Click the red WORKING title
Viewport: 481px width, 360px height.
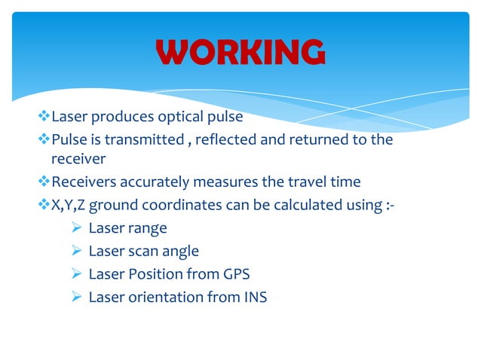point(240,53)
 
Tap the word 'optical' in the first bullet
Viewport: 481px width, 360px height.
point(181,117)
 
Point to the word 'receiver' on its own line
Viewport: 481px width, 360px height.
point(78,159)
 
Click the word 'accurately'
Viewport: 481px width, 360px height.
point(149,182)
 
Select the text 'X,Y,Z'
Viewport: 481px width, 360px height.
point(69,205)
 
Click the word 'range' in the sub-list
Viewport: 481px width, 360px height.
point(148,228)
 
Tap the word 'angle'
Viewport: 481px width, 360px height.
point(178,251)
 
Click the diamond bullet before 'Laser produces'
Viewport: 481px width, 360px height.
point(43,117)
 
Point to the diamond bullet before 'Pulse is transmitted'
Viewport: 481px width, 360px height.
point(43,139)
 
